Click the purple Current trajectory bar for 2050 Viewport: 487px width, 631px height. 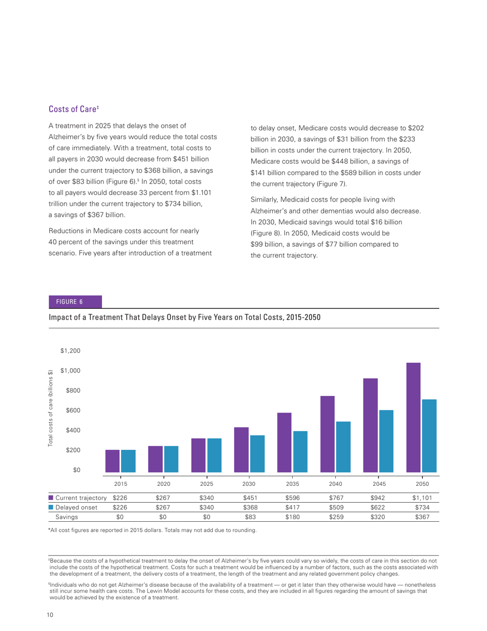pyautogui.click(x=413, y=418)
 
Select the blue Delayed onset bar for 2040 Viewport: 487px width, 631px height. pyautogui.click(x=343, y=447)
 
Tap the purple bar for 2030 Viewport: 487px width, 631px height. pyautogui.click(x=241, y=450)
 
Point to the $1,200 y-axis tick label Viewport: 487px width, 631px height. pyautogui.click(x=70, y=351)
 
